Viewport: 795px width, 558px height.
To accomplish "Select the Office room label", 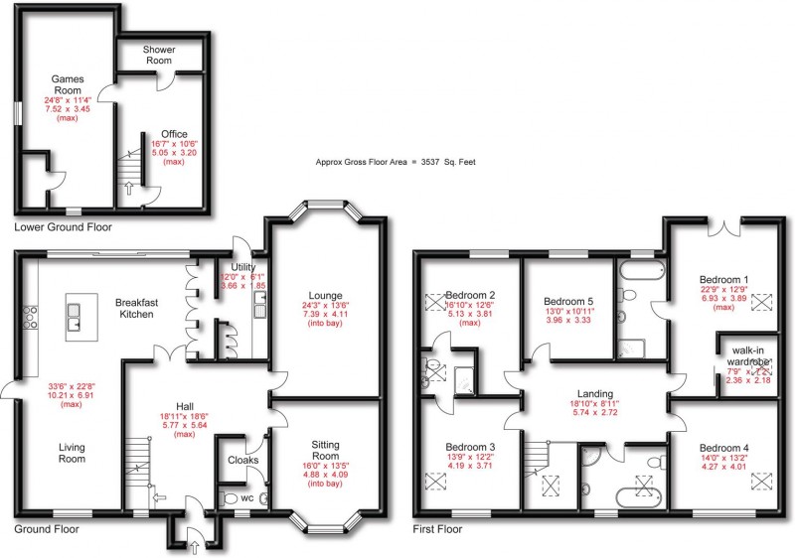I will click(160, 135).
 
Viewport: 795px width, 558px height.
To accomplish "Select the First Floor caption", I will click(437, 530).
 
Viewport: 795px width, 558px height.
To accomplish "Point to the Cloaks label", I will click(242, 460).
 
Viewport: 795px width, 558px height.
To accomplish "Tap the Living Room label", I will click(70, 453).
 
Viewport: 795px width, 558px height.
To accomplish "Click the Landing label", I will click(596, 393).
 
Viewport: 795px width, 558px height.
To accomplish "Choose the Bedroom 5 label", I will click(568, 301).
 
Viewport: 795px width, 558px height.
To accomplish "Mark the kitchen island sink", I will click(76, 317).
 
